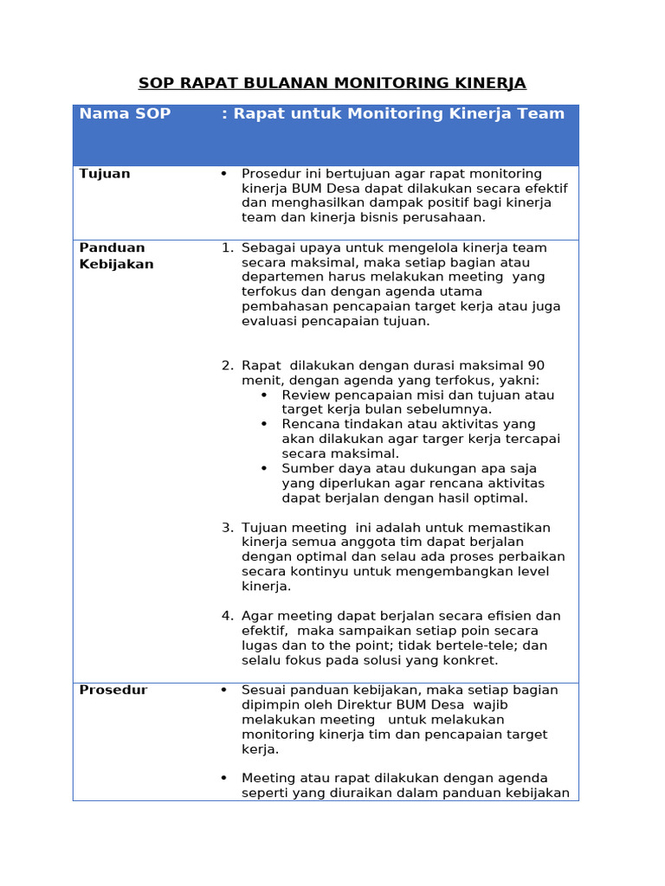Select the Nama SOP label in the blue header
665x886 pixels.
pyautogui.click(x=125, y=114)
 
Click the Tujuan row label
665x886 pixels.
pyautogui.click(x=105, y=174)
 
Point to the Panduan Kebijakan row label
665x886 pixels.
pyautogui.click(x=116, y=256)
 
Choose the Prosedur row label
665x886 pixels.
pyautogui.click(x=113, y=690)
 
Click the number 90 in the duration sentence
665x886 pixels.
pyautogui.click(x=536, y=366)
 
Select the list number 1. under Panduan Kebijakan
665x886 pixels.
pyautogui.click(x=227, y=248)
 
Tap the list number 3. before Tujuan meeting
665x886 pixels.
pyautogui.click(x=227, y=528)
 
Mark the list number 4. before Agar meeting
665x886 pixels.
pyautogui.click(x=227, y=616)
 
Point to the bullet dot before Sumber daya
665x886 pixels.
pyautogui.click(x=264, y=469)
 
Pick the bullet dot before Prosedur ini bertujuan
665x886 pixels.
pyautogui.click(x=223, y=174)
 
